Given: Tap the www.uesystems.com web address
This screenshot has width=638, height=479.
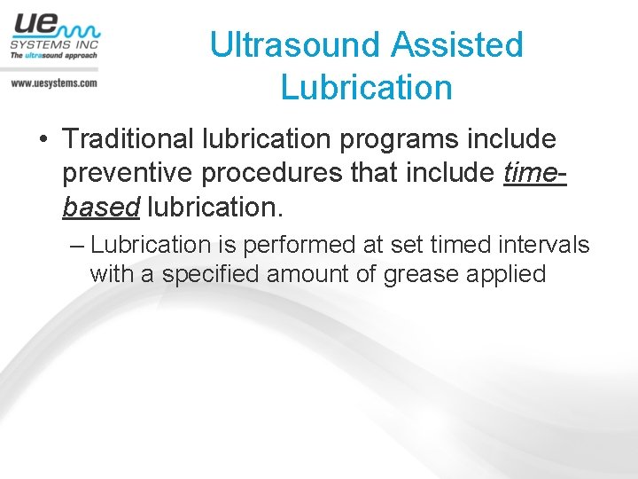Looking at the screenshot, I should [53, 82].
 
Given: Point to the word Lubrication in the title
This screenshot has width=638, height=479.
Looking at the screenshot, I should [366, 87].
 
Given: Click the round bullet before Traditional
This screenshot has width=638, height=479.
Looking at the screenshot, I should [43, 140].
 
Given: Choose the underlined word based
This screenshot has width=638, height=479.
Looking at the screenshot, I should [101, 206].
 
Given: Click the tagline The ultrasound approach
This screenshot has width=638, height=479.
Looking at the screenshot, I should [53, 55].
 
